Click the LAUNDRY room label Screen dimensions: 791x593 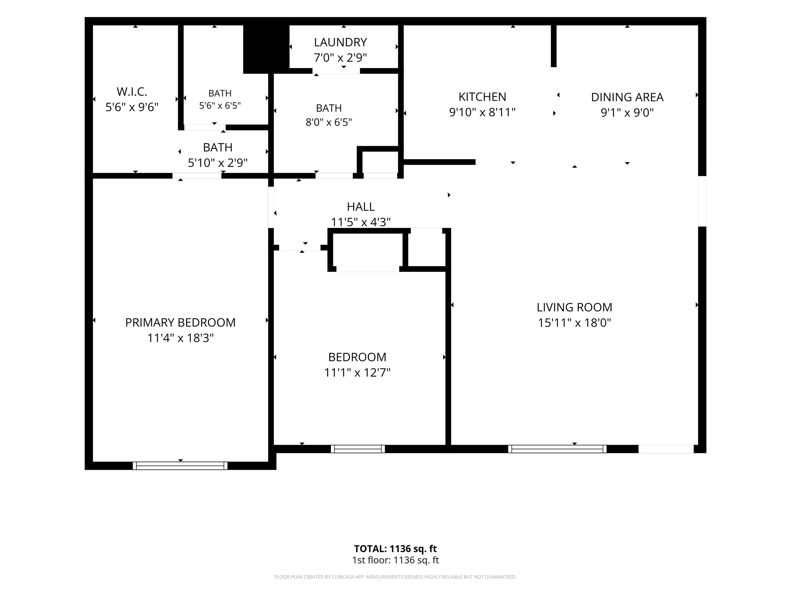(x=340, y=42)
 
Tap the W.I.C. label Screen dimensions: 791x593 (x=132, y=92)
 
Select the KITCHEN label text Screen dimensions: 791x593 (x=482, y=97)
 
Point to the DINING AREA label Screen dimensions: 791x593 (x=627, y=97)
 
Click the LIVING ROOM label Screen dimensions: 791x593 (x=574, y=307)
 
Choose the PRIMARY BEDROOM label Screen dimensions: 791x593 (x=180, y=323)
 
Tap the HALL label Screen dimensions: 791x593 (x=361, y=207)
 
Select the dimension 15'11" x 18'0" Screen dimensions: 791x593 (x=574, y=323)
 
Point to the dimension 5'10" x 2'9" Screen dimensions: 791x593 (x=218, y=163)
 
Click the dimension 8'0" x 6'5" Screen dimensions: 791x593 (x=329, y=122)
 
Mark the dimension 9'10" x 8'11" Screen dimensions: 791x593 (x=482, y=112)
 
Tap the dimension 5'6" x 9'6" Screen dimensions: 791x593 (x=132, y=107)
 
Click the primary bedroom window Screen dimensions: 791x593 (x=180, y=466)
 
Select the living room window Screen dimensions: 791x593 (x=557, y=449)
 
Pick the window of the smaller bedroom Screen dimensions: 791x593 (x=358, y=449)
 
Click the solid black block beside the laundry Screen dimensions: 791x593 (x=266, y=49)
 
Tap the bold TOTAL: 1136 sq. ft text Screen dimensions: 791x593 (x=395, y=549)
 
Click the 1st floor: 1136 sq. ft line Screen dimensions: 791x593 (x=395, y=560)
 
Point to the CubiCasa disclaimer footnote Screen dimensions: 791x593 (x=395, y=577)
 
